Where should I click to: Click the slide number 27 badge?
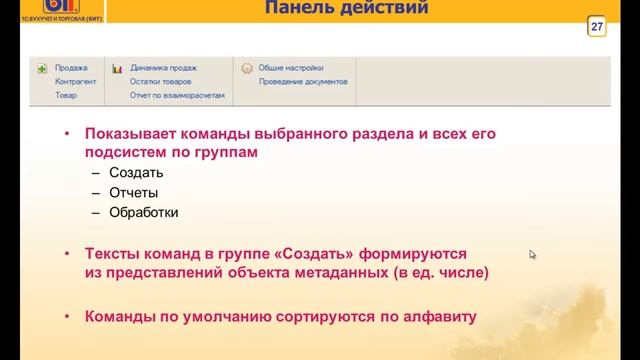click(x=597, y=26)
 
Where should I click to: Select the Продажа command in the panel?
click(x=71, y=68)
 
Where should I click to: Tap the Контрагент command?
click(x=76, y=81)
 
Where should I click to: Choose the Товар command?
click(x=66, y=95)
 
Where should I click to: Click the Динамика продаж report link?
click(x=163, y=68)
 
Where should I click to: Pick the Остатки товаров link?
click(x=161, y=81)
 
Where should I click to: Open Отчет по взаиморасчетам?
click(x=177, y=95)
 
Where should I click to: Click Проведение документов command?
click(x=303, y=81)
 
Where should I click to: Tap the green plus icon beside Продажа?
click(x=42, y=68)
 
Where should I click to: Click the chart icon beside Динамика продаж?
click(x=117, y=68)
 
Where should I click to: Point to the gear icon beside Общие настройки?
click(x=245, y=69)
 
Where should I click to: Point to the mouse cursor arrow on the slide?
click(x=532, y=254)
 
